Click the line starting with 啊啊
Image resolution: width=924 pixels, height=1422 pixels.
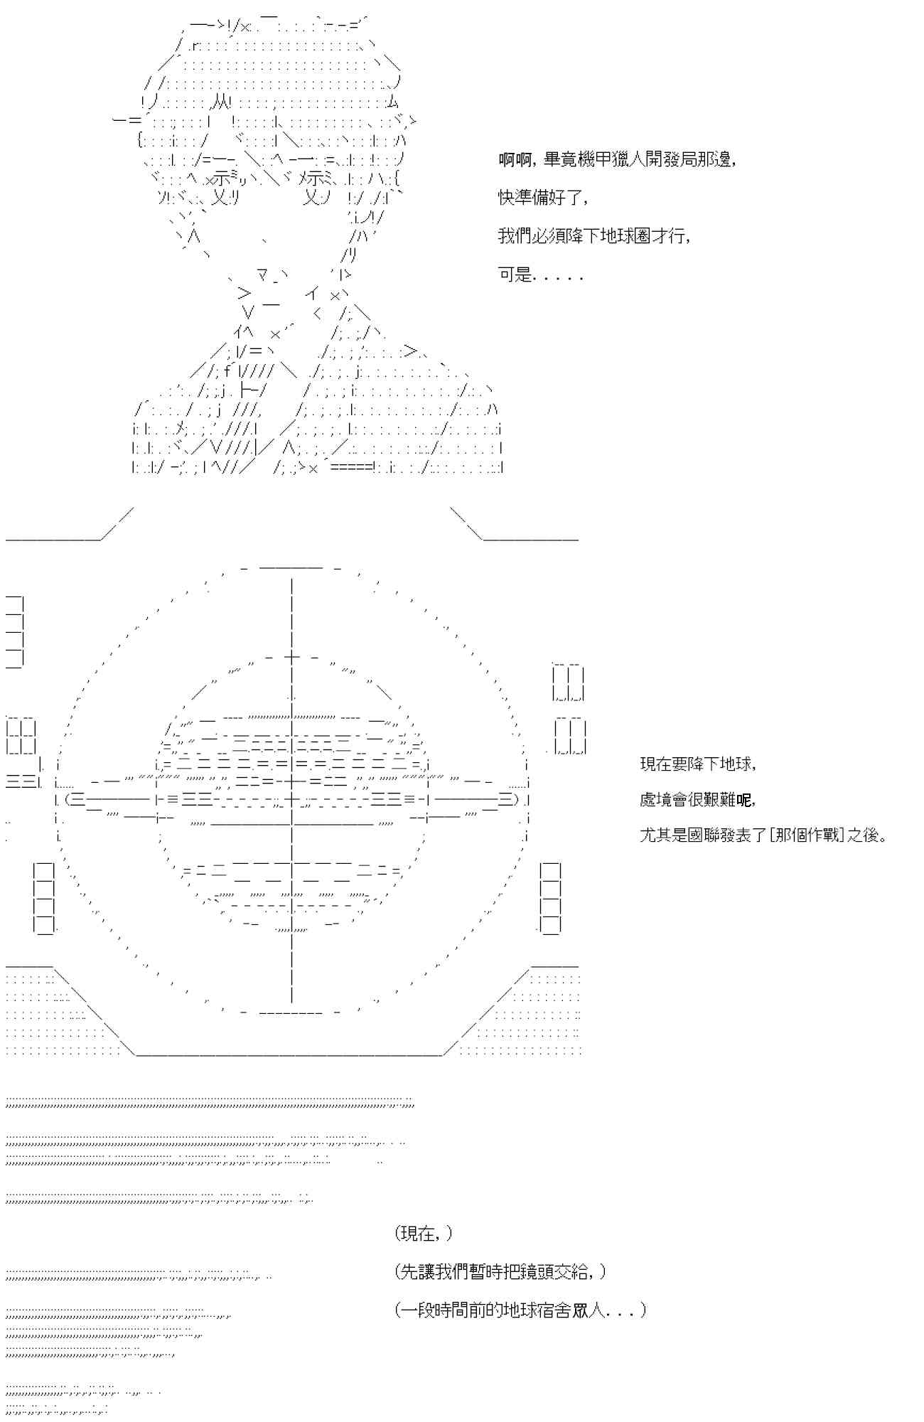(x=616, y=159)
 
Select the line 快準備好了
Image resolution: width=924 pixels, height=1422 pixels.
(x=543, y=198)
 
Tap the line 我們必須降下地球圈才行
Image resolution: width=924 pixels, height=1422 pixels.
(x=593, y=236)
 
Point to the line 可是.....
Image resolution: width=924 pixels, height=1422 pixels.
(x=540, y=274)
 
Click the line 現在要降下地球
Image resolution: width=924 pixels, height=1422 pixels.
(x=698, y=764)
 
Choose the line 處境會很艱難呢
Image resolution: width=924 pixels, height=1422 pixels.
(x=697, y=799)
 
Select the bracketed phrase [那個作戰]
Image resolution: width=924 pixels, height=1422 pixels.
(x=806, y=835)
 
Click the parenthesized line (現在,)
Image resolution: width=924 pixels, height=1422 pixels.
(x=424, y=1234)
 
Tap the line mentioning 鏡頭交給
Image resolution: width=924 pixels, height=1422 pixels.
(x=500, y=1272)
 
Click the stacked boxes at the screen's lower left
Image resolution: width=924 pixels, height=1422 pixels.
(x=44, y=897)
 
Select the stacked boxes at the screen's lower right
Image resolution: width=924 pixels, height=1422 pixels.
(x=550, y=897)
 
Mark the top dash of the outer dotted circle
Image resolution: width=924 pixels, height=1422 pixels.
(x=291, y=567)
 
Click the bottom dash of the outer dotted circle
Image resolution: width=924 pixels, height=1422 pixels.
(x=291, y=1012)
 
